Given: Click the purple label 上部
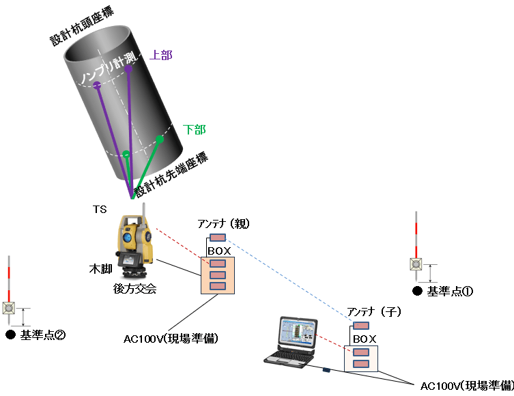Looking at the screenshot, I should point(160,55).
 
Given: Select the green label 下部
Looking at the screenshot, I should point(195,128).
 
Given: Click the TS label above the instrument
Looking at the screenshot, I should point(100,209).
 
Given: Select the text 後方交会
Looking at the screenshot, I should point(134,289).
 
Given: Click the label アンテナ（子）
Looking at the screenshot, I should point(374,311).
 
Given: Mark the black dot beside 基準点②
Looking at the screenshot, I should point(10,335).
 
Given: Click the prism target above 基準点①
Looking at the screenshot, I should point(416,264).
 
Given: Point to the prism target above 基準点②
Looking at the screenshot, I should point(9,308).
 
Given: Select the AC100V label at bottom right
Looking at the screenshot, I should point(466,386).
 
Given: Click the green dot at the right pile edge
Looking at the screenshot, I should point(160,139).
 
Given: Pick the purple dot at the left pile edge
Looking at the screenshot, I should point(97,85).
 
